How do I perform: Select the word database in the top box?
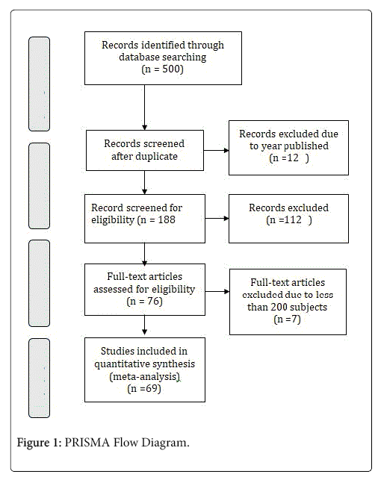tap(139, 57)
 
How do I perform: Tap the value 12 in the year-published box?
tap(293, 158)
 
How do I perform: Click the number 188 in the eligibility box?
tap(167, 219)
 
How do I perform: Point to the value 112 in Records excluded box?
tap(293, 219)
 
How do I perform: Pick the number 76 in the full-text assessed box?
tap(153, 301)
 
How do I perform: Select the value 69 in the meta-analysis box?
tap(152, 388)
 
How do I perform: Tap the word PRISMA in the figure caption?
tap(87, 443)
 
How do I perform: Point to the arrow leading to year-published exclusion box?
tap(216, 150)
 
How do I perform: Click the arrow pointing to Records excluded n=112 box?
tap(217, 219)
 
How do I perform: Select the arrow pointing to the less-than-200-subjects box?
tap(217, 291)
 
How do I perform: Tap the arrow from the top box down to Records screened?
tap(145, 107)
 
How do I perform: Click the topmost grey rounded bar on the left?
tap(40, 84)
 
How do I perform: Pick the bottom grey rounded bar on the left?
tap(40, 378)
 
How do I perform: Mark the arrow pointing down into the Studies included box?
tap(145, 325)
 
